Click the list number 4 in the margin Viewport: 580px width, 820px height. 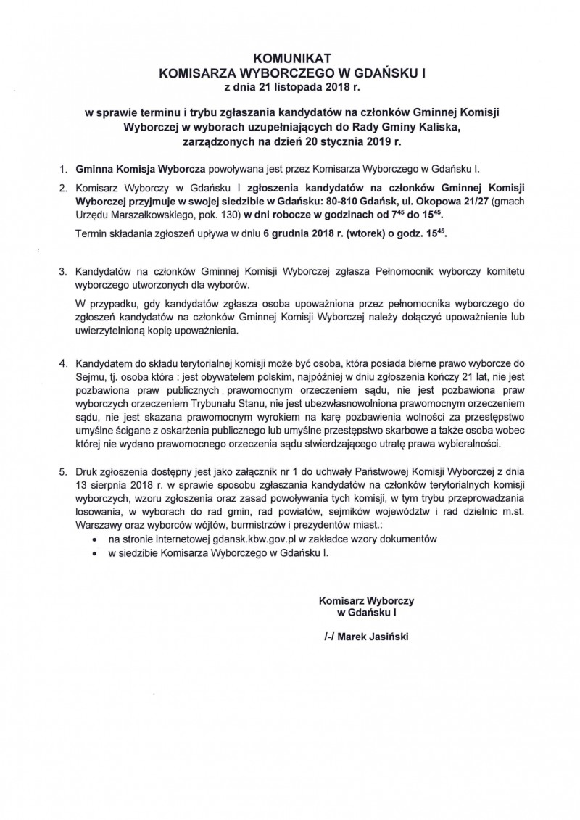click(x=63, y=361)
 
